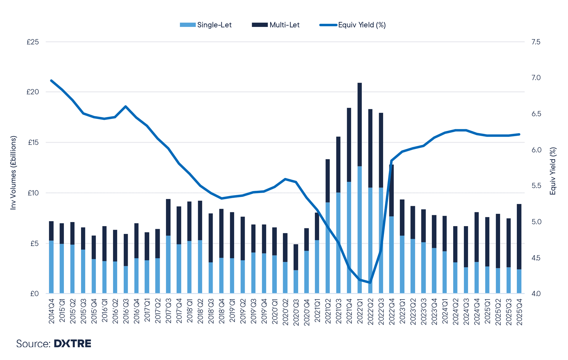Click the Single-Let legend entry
206,25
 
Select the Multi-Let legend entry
276,25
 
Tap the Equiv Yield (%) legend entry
353,25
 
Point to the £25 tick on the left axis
33,42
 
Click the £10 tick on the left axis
33,193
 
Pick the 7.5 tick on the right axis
536,42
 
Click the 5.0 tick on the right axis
536,222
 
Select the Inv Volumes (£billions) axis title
13,173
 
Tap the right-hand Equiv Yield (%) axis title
553,171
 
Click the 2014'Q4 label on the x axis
51,311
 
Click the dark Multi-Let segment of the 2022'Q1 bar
360,124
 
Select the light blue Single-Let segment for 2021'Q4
349,237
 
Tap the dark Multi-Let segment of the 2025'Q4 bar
519,237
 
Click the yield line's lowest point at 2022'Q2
370,282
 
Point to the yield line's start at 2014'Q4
51,81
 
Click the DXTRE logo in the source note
72,343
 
